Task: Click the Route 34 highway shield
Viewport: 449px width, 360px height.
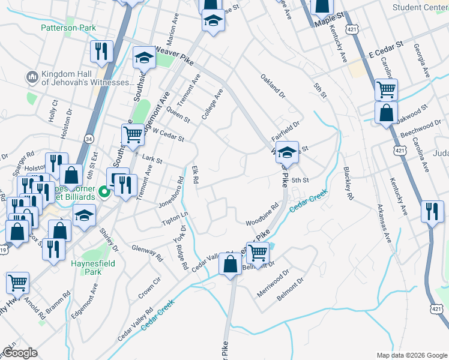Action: pos(89,139)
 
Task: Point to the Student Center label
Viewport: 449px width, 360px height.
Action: pos(420,7)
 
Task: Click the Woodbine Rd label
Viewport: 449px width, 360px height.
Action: pos(262,215)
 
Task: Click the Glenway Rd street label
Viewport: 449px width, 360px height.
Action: pos(148,252)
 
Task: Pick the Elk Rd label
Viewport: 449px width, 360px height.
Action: pos(195,175)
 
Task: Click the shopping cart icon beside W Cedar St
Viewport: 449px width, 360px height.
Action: pos(133,135)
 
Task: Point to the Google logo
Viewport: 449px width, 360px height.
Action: pos(19,353)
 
